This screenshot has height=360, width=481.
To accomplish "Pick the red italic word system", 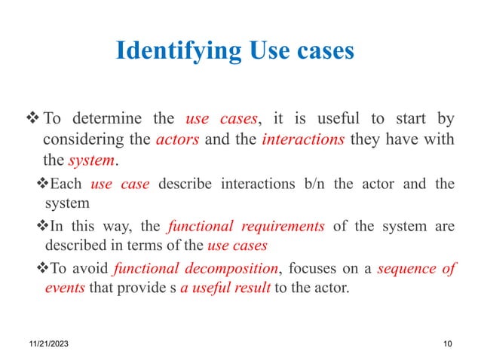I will point(91,161).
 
